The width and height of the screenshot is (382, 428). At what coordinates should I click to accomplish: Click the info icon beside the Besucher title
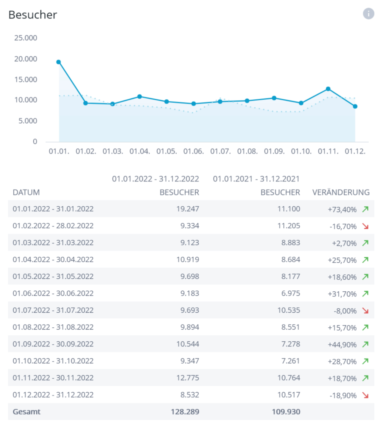tap(368, 14)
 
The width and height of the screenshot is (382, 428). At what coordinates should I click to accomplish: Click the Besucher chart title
tap(33, 15)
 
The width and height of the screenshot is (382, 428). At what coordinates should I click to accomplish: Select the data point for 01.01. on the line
tap(59, 62)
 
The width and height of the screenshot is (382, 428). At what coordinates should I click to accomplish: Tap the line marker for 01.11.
tap(328, 89)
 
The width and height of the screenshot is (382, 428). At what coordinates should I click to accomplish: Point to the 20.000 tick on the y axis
tap(26, 59)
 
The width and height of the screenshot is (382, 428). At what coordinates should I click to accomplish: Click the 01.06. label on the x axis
tap(193, 151)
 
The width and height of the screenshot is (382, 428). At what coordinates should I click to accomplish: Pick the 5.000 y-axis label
tap(28, 121)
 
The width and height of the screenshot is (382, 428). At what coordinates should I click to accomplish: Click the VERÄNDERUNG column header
tap(341, 192)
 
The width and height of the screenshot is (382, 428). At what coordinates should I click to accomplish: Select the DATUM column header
tap(26, 192)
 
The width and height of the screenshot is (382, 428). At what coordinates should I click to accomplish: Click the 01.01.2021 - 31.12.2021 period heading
tap(256, 179)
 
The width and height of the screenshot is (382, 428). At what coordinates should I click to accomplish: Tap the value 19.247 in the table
tap(187, 209)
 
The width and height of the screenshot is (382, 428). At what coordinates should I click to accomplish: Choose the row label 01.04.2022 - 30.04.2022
tap(53, 260)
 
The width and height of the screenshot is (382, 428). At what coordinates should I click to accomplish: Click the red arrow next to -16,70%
tap(365, 226)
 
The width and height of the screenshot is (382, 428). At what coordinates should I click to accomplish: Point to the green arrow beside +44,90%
tap(365, 344)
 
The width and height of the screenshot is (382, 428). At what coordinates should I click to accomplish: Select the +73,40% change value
tap(342, 210)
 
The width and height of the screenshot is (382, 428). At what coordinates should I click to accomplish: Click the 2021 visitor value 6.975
tap(290, 293)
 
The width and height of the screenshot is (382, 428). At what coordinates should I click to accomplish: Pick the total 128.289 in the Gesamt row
tap(185, 412)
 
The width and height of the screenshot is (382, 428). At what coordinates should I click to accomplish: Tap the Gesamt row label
tap(26, 412)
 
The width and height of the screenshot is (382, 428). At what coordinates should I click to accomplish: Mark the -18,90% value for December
tap(343, 396)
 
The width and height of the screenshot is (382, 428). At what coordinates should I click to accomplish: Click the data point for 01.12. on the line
tap(355, 106)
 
